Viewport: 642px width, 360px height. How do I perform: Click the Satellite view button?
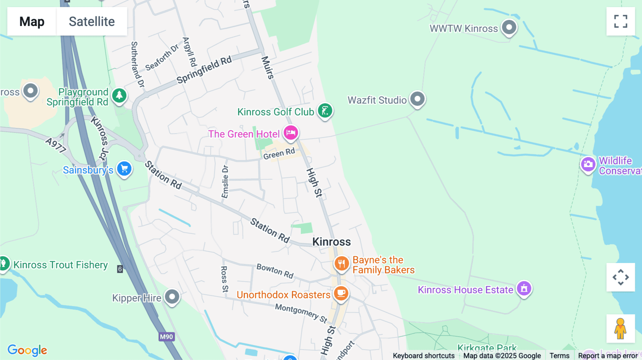[x=92, y=21]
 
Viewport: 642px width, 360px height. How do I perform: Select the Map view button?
[x=32, y=21]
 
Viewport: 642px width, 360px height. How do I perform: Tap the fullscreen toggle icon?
[x=621, y=21]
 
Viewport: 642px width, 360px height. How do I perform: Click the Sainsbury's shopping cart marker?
[x=124, y=168]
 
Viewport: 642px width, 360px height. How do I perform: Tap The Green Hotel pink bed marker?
[x=291, y=133]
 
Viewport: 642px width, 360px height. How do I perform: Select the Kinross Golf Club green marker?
[x=325, y=110]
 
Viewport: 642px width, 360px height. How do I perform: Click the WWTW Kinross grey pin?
[x=509, y=27]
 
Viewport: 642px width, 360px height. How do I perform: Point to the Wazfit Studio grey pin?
[x=417, y=99]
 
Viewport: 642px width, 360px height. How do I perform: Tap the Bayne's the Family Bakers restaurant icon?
[x=341, y=264]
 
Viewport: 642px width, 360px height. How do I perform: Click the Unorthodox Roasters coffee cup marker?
[x=341, y=293]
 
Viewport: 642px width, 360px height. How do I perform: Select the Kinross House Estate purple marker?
[x=524, y=288]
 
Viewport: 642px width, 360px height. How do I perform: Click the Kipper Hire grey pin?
[x=172, y=297]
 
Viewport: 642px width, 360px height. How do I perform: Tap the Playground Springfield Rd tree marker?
[x=119, y=96]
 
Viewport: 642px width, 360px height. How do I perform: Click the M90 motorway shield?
[x=167, y=336]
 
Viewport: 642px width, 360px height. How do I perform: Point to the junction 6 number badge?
[x=120, y=269]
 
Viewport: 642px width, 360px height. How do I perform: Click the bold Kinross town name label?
[x=331, y=242]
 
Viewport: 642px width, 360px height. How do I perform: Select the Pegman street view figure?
[x=620, y=328]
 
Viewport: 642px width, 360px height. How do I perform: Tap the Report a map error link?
[x=608, y=355]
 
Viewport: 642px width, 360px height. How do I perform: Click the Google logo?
[x=27, y=350]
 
